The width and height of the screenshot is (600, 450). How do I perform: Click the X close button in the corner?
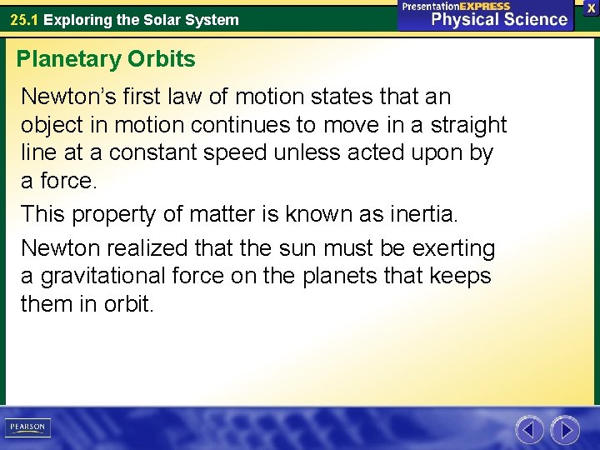pos(591,7)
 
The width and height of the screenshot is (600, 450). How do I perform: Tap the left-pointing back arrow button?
pos(529,430)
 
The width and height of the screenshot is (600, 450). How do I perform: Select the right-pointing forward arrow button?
pos(565,430)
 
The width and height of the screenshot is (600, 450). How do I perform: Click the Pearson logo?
pos(28,427)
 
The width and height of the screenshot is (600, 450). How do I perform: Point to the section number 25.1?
pos(24,19)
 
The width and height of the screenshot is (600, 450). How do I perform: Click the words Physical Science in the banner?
pos(499,19)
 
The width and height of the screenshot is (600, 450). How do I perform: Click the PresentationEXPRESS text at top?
pos(456,6)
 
